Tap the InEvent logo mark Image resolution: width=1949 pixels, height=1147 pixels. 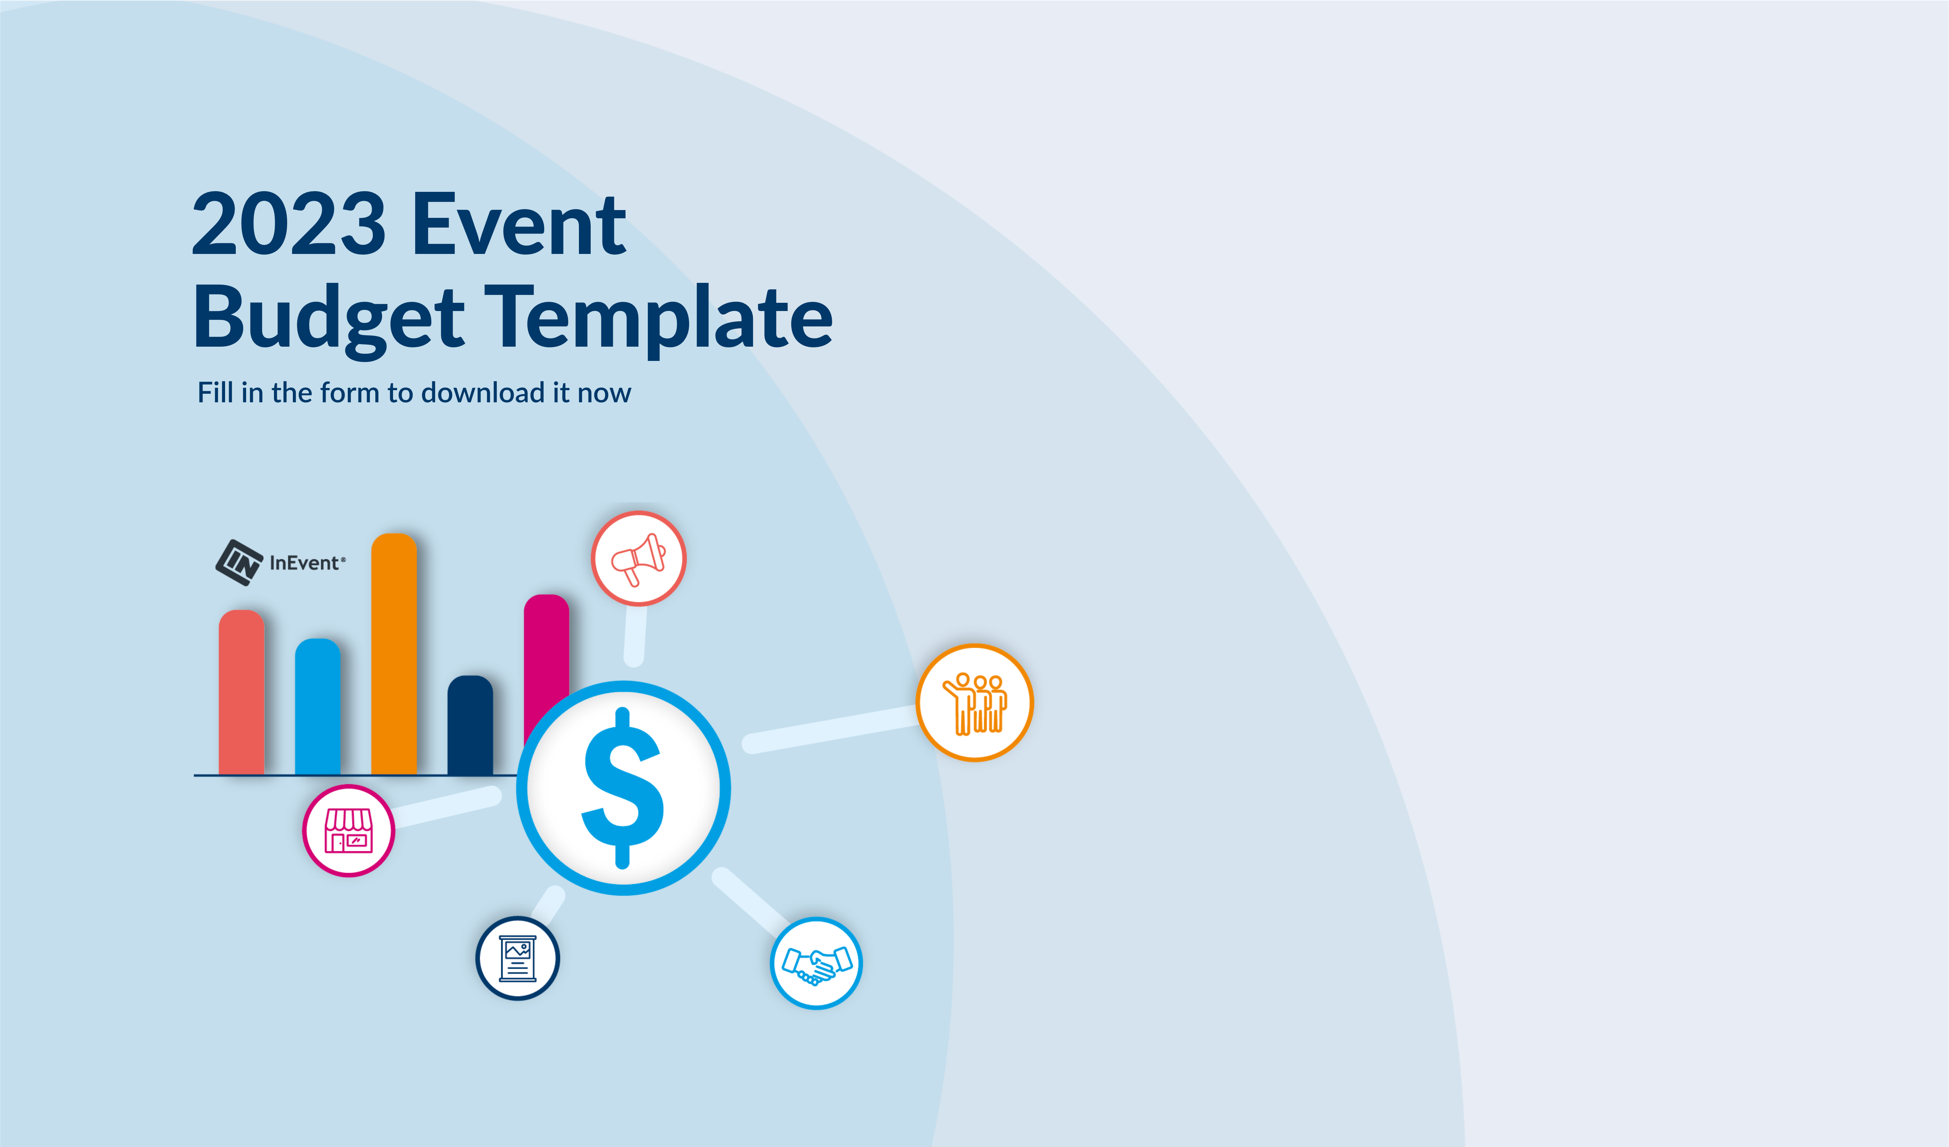coord(239,562)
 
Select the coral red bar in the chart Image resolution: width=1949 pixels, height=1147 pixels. coord(241,692)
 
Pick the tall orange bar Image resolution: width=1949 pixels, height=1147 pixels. coord(394,653)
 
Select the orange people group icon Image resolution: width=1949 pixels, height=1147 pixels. coord(974,702)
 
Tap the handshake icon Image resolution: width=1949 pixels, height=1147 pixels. coord(816,963)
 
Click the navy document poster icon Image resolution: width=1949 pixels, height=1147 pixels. coord(518,958)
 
